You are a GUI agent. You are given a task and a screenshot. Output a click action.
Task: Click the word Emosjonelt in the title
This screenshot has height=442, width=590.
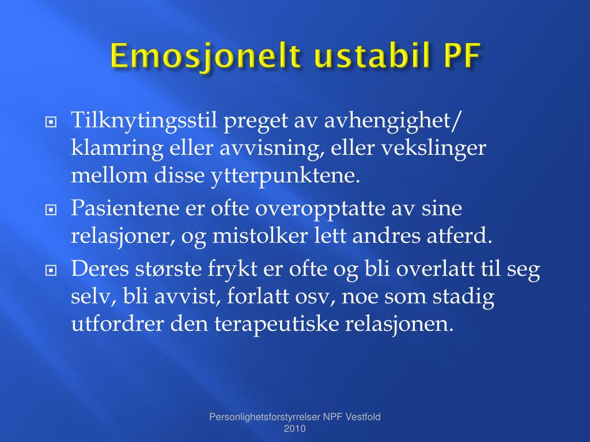[206, 56]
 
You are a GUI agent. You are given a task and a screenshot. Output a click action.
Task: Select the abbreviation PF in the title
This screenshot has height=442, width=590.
[463, 56]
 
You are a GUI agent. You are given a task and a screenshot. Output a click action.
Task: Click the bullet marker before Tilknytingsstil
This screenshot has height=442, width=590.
[51, 122]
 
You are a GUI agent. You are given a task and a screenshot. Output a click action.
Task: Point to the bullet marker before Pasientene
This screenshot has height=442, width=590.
[51, 209]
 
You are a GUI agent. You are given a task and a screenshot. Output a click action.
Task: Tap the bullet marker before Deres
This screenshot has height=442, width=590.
[51, 270]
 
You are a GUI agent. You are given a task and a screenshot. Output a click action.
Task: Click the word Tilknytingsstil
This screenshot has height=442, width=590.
[144, 121]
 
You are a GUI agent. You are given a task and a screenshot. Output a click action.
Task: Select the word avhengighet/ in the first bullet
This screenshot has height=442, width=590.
[392, 121]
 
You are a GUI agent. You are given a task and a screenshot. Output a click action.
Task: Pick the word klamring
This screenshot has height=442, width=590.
[117, 149]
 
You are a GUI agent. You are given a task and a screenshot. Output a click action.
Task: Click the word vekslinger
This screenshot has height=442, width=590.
[434, 149]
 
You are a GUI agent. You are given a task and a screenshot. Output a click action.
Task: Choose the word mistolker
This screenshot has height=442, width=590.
[259, 236]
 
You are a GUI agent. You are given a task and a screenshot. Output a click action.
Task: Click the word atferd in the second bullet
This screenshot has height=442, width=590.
[459, 236]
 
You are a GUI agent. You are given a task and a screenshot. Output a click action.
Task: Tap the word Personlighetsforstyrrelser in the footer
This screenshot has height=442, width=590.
[264, 417]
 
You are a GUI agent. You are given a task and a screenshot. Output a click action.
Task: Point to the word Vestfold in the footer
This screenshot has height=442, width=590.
[363, 417]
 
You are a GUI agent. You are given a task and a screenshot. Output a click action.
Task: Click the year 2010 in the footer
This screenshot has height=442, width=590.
[294, 429]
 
